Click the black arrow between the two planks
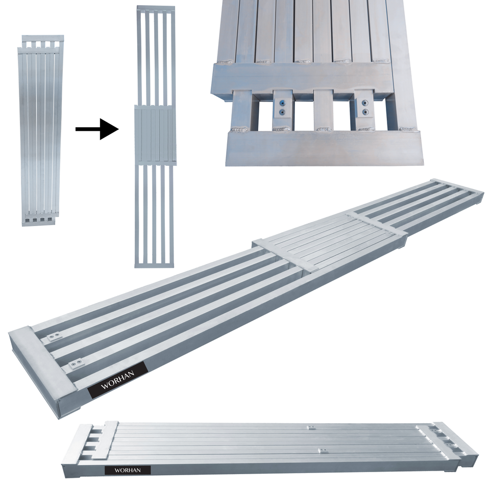[x=97, y=129]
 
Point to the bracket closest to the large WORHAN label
[x=76, y=363]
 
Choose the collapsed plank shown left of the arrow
[x=40, y=130]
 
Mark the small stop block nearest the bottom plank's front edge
[x=322, y=450]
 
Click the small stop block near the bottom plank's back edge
[x=310, y=428]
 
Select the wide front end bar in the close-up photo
[x=323, y=148]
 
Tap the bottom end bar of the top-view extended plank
[x=155, y=264]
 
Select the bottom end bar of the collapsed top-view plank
[x=39, y=223]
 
